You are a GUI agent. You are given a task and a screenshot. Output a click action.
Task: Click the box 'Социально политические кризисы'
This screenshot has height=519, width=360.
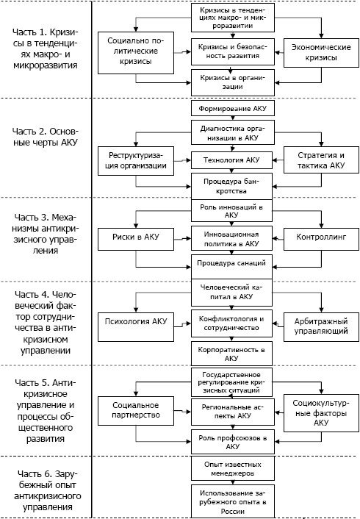point(136,53)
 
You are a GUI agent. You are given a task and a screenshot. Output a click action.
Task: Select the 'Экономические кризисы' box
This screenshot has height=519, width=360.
point(321,53)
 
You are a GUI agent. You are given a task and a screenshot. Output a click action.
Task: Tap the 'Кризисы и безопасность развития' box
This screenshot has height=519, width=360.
point(233,51)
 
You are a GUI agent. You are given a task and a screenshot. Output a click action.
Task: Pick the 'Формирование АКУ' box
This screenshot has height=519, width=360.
point(233,108)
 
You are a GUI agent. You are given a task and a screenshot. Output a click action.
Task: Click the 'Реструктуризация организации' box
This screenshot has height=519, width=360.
point(136,161)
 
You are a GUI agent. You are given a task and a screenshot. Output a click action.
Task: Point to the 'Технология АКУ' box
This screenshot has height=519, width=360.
point(231,160)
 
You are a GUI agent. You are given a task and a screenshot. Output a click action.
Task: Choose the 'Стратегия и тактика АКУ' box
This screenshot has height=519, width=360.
point(321,160)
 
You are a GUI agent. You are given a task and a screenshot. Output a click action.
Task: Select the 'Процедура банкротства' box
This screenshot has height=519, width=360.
point(231,186)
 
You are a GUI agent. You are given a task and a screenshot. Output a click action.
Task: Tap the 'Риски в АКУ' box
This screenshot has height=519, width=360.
point(136,239)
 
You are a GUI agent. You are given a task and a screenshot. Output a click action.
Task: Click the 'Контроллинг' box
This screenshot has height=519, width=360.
point(321,239)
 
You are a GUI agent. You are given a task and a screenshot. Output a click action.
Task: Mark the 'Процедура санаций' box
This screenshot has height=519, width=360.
point(231,266)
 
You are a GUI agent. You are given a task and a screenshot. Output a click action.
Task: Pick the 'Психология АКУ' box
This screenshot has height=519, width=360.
point(136,326)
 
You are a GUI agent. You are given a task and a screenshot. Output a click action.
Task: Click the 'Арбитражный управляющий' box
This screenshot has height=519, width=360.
point(321,326)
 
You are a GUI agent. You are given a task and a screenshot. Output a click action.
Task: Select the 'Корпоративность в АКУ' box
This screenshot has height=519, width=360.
point(231,354)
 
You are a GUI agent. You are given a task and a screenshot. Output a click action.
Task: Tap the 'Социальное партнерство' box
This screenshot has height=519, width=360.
point(136,411)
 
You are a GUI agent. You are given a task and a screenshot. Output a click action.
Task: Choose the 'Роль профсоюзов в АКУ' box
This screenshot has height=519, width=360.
point(233,442)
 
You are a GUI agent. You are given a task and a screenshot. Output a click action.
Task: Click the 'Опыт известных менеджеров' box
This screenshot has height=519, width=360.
point(233,468)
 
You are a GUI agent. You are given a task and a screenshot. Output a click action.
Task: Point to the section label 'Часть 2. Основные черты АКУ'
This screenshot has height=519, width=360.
point(46,137)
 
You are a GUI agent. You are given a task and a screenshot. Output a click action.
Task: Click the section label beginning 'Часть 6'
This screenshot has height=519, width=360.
point(47,490)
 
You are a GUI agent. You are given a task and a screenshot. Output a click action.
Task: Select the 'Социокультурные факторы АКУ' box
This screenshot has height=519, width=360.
point(321,412)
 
